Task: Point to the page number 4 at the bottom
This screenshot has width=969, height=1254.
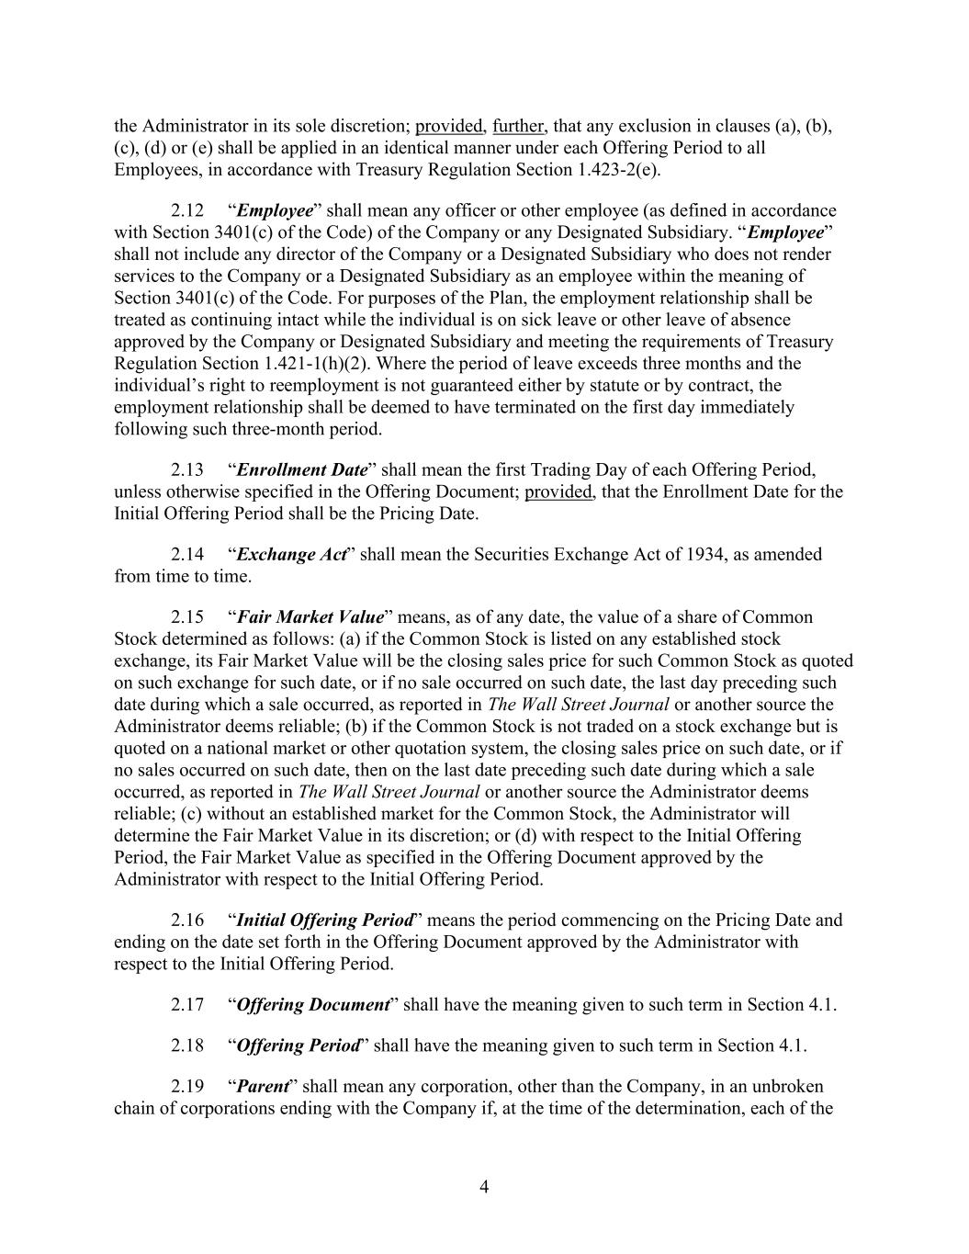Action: (x=484, y=1187)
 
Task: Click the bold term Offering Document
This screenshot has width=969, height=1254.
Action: (x=312, y=1004)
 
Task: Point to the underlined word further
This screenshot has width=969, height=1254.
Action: (x=518, y=126)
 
